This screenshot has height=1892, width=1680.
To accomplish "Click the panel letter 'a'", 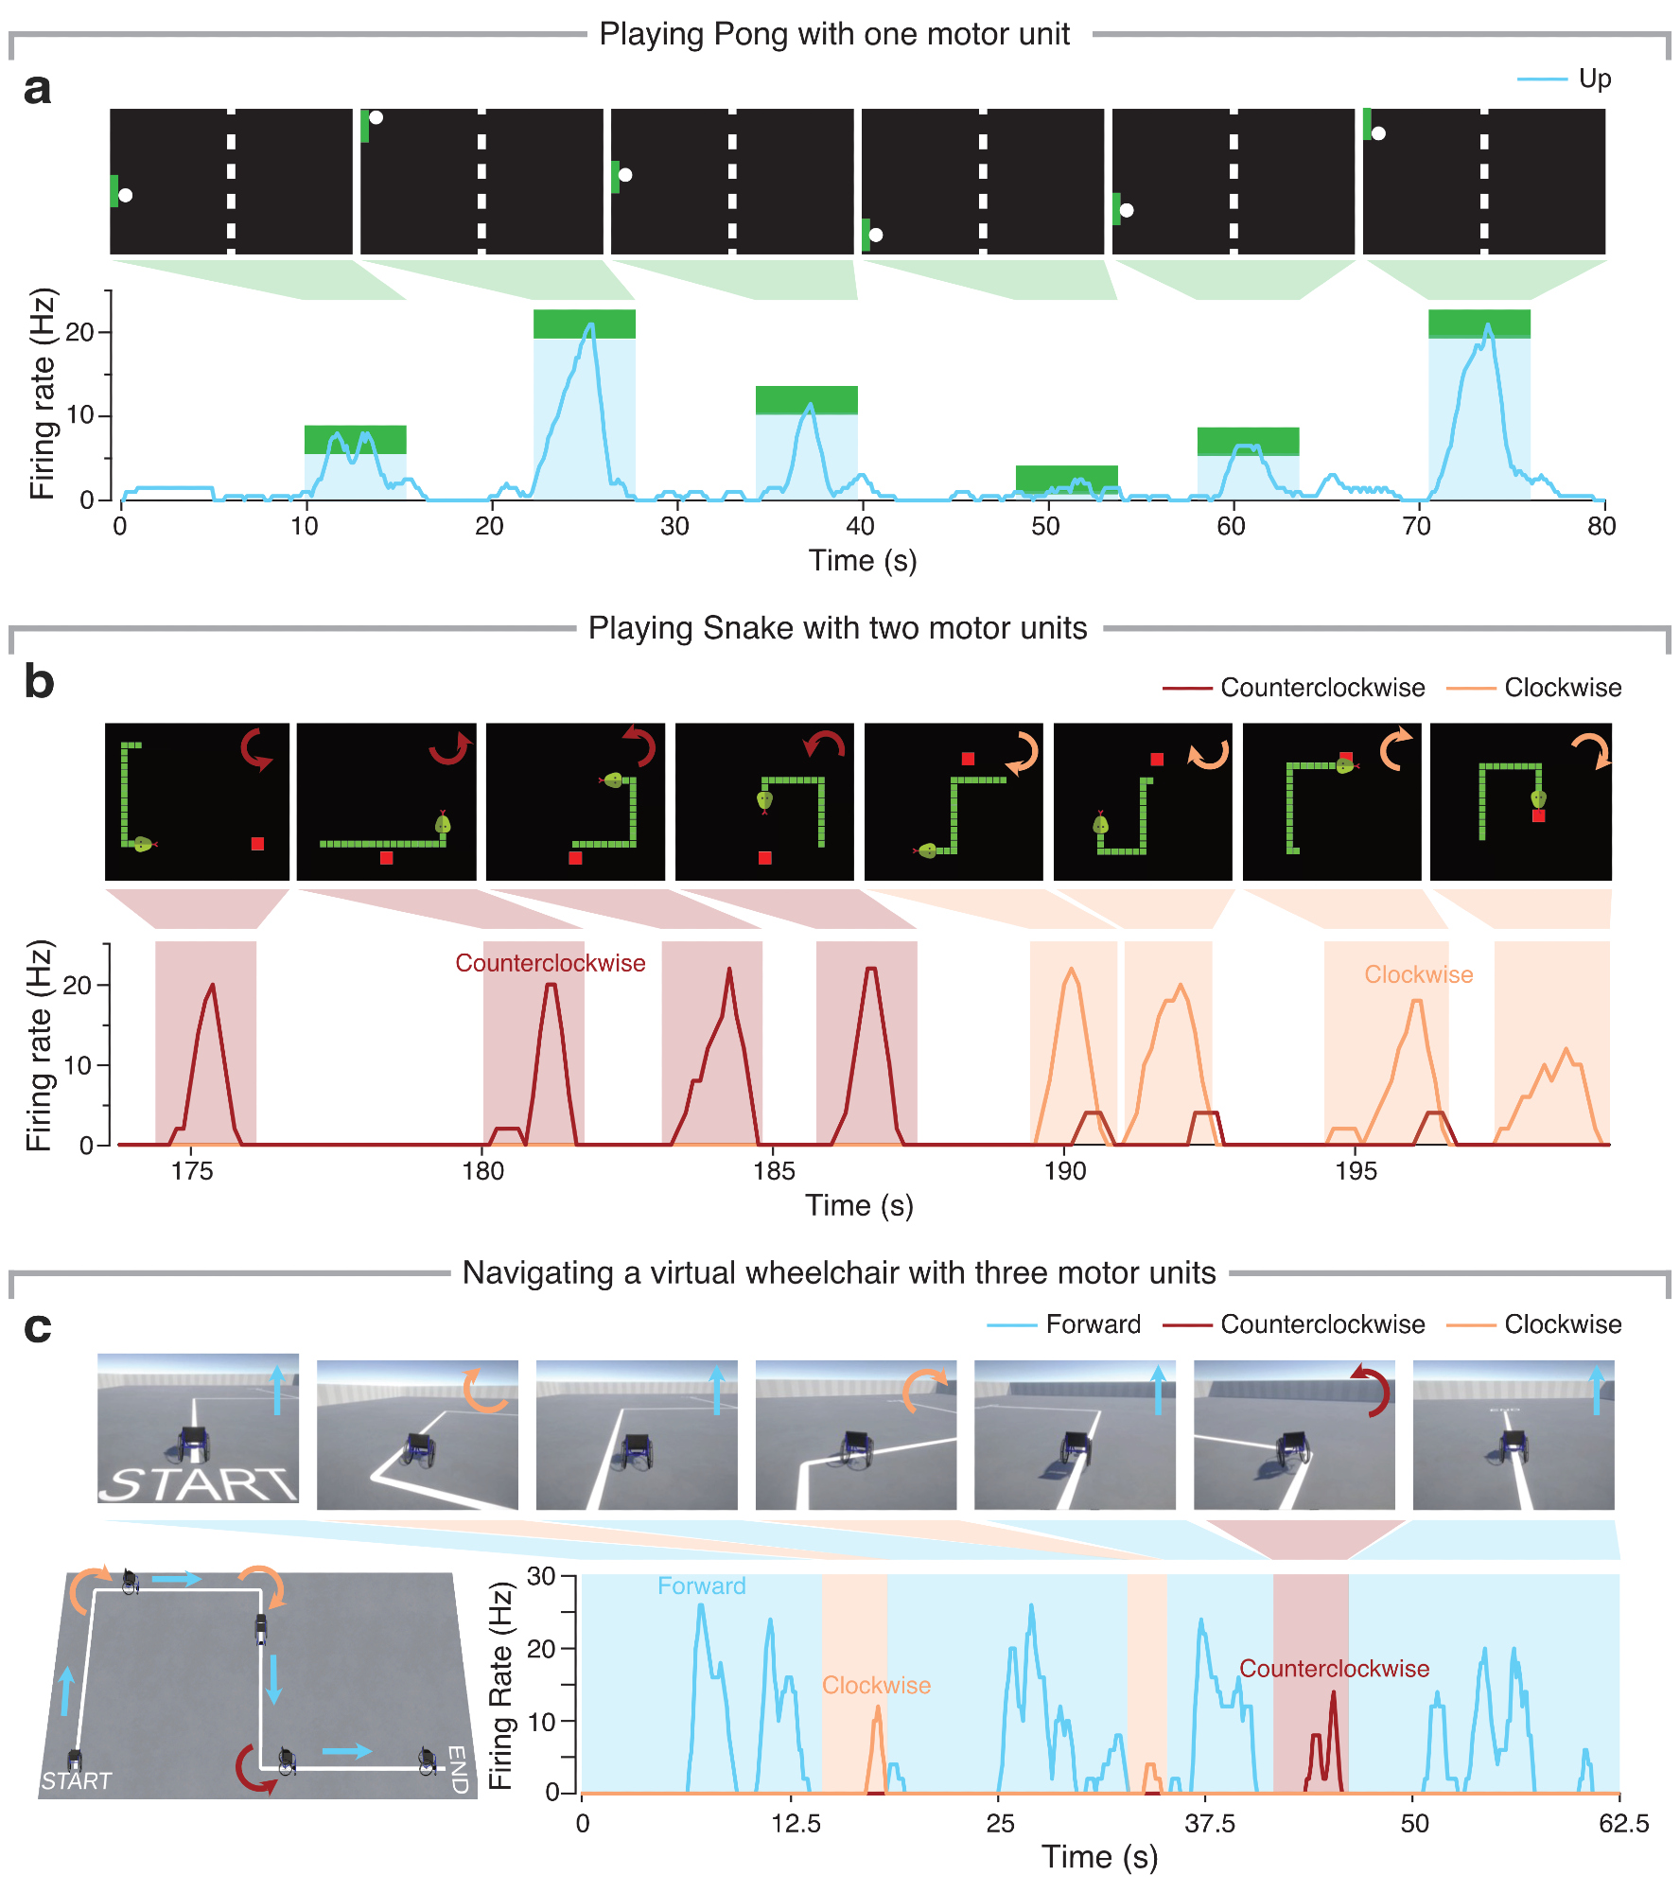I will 37,90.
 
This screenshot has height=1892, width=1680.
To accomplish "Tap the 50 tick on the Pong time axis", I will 1045,526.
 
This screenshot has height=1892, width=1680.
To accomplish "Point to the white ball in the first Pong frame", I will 126,196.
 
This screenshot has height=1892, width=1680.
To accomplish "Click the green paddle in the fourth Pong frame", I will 866,235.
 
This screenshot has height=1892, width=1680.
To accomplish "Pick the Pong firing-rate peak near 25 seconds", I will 591,325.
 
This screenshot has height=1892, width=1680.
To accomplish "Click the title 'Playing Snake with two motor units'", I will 837,628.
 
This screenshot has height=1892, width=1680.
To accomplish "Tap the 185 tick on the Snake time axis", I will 774,1171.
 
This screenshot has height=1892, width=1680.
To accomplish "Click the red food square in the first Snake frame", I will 257,844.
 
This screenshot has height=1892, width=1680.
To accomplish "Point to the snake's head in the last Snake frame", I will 1539,799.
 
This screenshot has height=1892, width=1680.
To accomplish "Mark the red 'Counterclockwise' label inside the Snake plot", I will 550,963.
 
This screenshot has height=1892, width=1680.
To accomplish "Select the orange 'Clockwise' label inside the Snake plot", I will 1418,974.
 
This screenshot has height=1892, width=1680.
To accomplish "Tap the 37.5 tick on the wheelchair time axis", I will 1210,1824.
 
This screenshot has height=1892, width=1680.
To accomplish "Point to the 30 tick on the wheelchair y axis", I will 541,1577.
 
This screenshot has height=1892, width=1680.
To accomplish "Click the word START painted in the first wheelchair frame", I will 198,1484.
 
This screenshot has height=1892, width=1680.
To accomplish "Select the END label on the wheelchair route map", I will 457,1769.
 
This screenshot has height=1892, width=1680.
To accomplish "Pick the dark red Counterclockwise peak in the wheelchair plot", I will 1334,1693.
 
